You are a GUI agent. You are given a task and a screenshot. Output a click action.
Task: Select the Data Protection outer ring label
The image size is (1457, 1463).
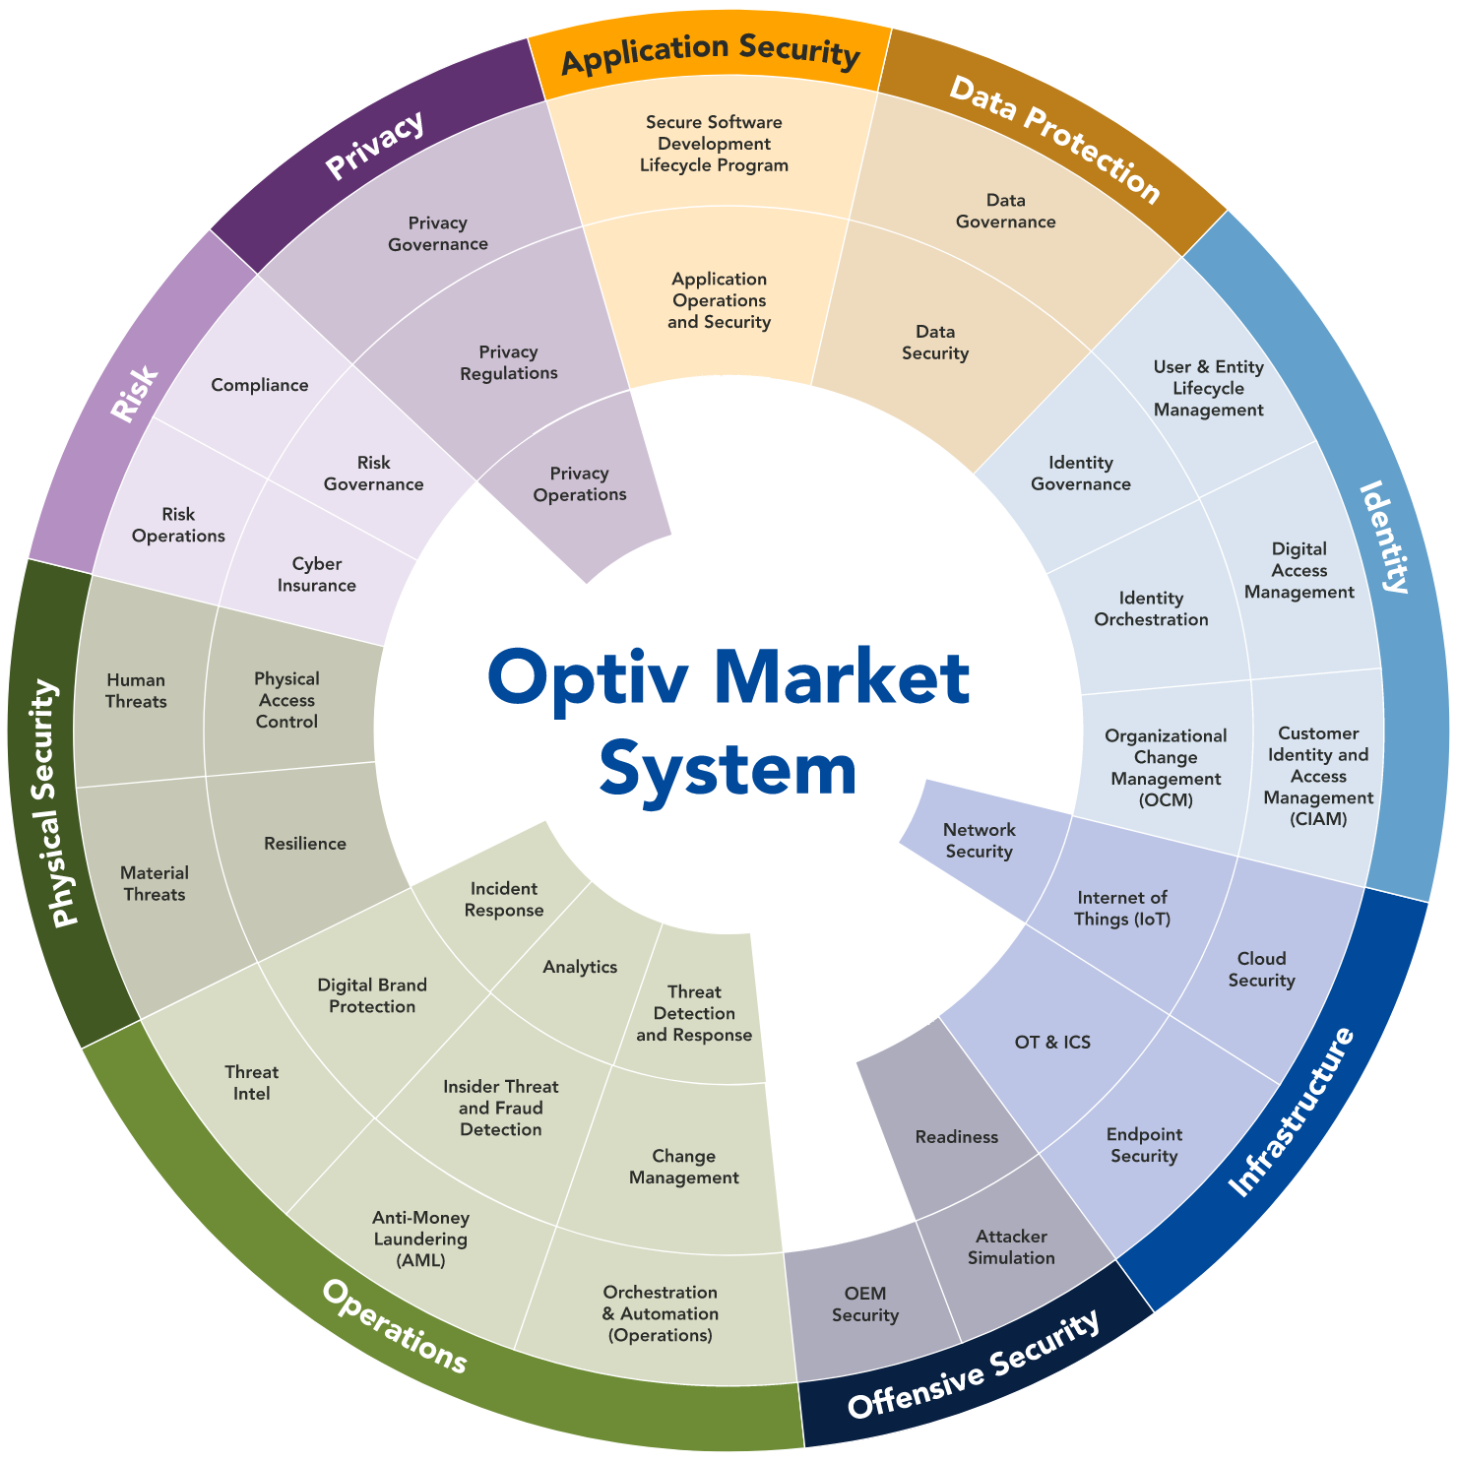point(1054,139)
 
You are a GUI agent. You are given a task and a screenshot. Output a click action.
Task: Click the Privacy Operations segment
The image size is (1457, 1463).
point(580,484)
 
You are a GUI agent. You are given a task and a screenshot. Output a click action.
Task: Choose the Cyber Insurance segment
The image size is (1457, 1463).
point(316,575)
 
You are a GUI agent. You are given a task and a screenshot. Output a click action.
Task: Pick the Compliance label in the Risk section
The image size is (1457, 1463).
point(260,385)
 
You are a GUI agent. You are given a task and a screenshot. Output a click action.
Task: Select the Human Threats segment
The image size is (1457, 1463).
point(136,691)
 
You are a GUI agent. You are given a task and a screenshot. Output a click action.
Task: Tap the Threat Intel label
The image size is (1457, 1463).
point(251,1083)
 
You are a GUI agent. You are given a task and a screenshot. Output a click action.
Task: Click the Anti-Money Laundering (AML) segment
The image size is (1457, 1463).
point(421,1239)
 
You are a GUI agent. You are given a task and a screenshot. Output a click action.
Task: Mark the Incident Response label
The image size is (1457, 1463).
point(504,900)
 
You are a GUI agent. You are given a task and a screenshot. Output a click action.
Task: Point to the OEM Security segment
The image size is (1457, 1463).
point(865,1304)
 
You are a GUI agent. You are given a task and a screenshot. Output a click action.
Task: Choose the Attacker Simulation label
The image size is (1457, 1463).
point(1011,1247)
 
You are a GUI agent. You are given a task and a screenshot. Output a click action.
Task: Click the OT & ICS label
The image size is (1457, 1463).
point(1052,1043)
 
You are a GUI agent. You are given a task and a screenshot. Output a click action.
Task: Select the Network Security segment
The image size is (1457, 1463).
point(980,841)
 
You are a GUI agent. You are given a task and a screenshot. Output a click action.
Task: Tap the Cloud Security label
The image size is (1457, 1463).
point(1261,970)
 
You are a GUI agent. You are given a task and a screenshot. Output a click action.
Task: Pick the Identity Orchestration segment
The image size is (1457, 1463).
point(1151,608)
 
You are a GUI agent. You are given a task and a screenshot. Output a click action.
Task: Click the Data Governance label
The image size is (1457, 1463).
point(1005,212)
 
